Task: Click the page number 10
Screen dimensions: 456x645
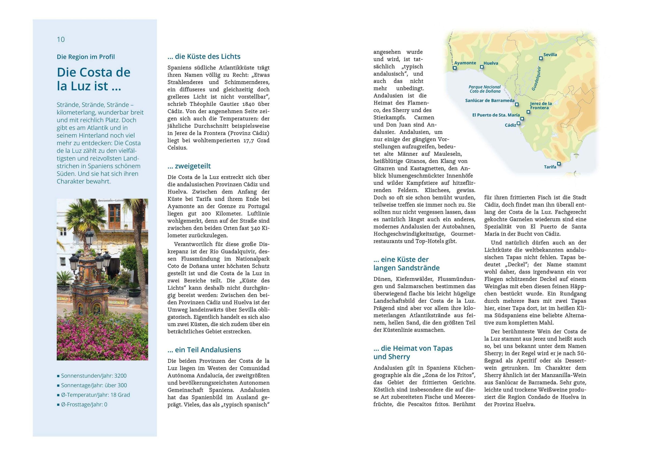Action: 61,40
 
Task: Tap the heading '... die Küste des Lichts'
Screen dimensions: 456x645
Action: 204,56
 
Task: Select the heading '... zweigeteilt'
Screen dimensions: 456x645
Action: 189,166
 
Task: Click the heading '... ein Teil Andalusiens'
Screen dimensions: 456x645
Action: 204,350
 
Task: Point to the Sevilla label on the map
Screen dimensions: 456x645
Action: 550,55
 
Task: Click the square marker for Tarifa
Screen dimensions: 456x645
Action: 559,163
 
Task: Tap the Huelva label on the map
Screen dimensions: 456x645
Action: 491,63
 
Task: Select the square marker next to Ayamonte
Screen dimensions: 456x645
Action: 455,68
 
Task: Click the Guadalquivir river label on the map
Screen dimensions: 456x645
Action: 536,78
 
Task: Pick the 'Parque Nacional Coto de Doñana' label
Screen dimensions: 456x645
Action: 485,89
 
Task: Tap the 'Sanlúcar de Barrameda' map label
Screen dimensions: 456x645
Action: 490,100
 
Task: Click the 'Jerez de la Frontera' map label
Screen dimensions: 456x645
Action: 540,106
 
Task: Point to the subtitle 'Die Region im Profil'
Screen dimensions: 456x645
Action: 86,57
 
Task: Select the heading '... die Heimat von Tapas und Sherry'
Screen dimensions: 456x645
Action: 413,352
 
